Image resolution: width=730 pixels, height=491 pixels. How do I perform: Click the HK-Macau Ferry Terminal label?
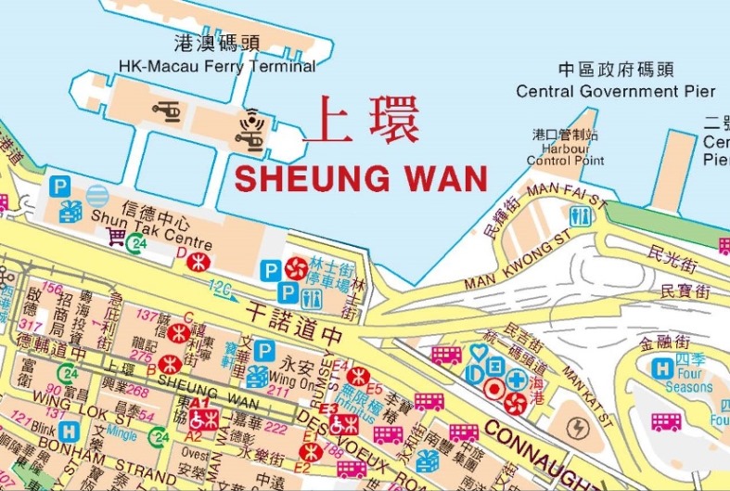(217, 66)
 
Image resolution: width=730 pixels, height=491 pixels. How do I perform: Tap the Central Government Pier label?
(615, 91)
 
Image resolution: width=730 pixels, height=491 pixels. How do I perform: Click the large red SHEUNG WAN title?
(361, 177)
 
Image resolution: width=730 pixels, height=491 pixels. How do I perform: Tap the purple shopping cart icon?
(115, 238)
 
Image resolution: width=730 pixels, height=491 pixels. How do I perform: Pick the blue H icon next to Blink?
(68, 432)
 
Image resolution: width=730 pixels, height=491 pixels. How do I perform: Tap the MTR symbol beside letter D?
(196, 263)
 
